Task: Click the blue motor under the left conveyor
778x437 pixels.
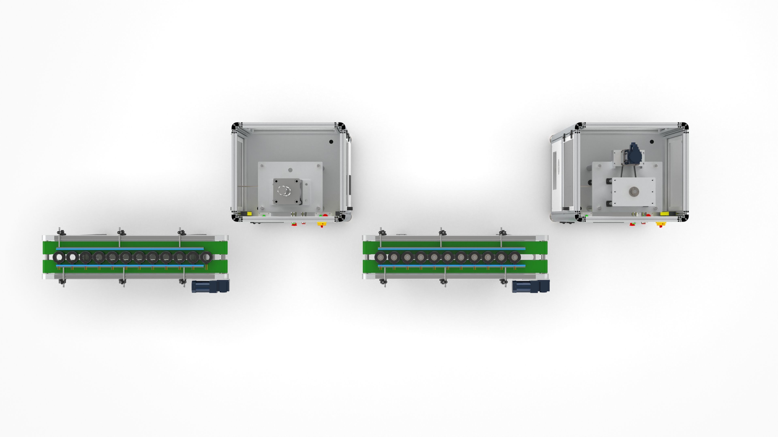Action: tap(210, 286)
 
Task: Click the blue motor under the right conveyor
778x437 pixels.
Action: tap(531, 286)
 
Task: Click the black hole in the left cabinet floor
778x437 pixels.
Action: tap(331, 141)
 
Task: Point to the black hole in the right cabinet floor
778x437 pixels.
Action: tap(652, 141)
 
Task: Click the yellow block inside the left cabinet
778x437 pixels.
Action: tap(249, 213)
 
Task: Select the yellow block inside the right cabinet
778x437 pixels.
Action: tap(664, 213)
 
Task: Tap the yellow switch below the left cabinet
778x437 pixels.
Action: tap(321, 224)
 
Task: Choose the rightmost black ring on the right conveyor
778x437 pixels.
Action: tap(514, 257)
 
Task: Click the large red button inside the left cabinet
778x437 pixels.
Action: tap(325, 215)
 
